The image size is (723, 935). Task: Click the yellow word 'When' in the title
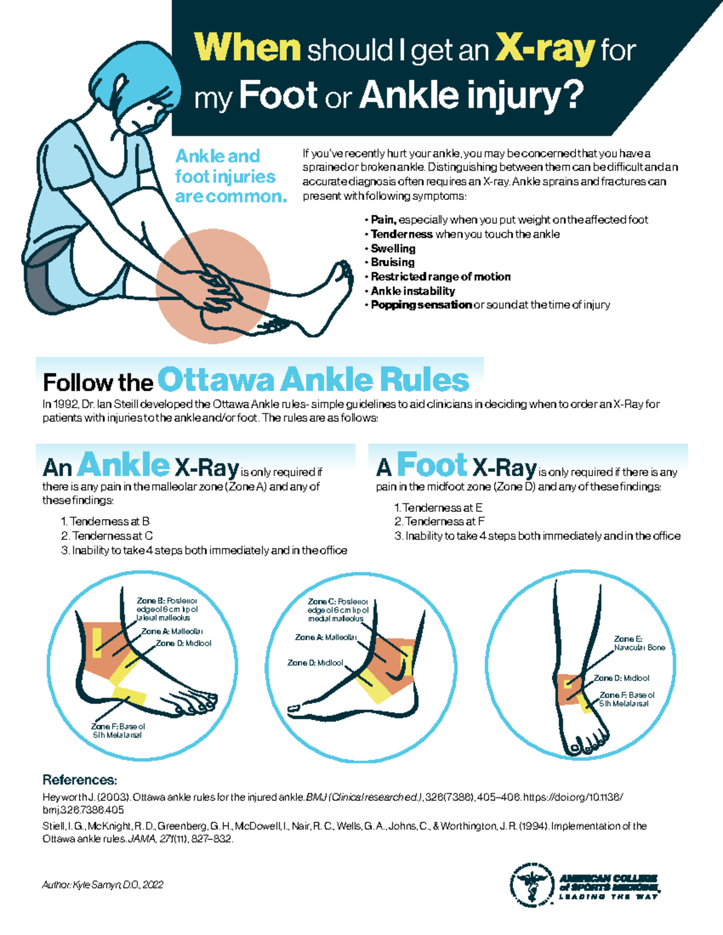tap(247, 48)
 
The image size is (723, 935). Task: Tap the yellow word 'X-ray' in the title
tap(545, 49)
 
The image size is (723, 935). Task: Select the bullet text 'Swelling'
tap(393, 249)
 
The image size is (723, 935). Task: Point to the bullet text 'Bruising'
tap(392, 262)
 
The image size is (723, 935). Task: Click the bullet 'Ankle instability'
tap(413, 291)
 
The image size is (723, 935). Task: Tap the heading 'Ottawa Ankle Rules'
tap(313, 381)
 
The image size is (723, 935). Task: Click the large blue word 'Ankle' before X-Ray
tap(124, 465)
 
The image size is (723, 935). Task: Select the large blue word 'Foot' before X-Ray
tap(431, 465)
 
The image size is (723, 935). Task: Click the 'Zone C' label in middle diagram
tap(338, 609)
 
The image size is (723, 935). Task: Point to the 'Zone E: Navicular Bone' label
tap(639, 643)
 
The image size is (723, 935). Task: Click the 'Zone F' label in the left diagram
tap(118, 730)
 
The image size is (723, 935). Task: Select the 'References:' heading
tap(80, 780)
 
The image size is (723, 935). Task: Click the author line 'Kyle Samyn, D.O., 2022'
tap(102, 884)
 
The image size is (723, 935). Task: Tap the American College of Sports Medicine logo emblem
tap(531, 884)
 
